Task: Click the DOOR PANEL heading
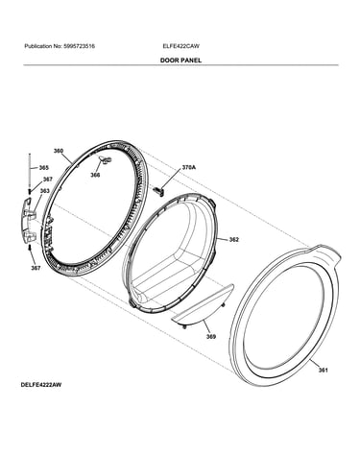pyautogui.click(x=180, y=60)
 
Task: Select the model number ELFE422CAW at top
pyautogui.click(x=180, y=46)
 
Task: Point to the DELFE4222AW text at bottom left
pyautogui.click(x=41, y=385)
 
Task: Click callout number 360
pyautogui.click(x=59, y=151)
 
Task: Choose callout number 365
pyautogui.click(x=44, y=168)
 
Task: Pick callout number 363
pyautogui.click(x=44, y=191)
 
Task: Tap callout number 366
pyautogui.click(x=95, y=175)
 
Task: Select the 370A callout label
pyautogui.click(x=189, y=167)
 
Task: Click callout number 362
pyautogui.click(x=234, y=239)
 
